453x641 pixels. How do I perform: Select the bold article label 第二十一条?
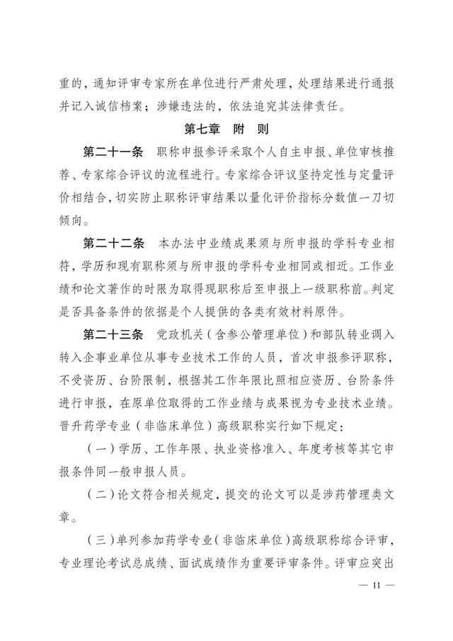pos(114,153)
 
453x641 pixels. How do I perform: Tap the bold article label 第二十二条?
pos(114,244)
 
